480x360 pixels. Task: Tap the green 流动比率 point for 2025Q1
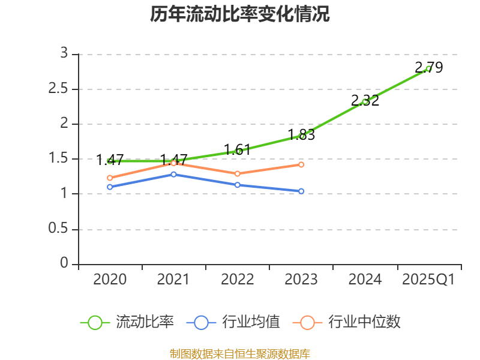pyautogui.click(x=428, y=68)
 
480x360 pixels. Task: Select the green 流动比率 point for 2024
pyautogui.click(x=365, y=101)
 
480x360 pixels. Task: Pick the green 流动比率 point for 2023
pyautogui.click(x=301, y=136)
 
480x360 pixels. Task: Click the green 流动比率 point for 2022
pyautogui.click(x=238, y=151)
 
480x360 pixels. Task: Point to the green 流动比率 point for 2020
pyautogui.click(x=110, y=161)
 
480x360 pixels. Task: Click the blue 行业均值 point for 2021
pyautogui.click(x=173, y=174)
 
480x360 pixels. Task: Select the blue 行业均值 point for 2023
pyautogui.click(x=301, y=191)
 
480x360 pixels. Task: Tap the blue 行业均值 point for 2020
pyautogui.click(x=110, y=187)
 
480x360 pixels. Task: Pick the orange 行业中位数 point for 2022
pyautogui.click(x=238, y=174)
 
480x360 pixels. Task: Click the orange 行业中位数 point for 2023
pyautogui.click(x=301, y=164)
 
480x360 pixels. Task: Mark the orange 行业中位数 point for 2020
pyautogui.click(x=110, y=178)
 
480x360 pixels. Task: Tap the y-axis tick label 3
pyautogui.click(x=64, y=54)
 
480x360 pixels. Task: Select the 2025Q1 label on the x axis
pyautogui.click(x=428, y=280)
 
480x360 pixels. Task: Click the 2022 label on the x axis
pyautogui.click(x=238, y=280)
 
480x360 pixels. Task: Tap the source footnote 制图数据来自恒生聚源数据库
pyautogui.click(x=240, y=353)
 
